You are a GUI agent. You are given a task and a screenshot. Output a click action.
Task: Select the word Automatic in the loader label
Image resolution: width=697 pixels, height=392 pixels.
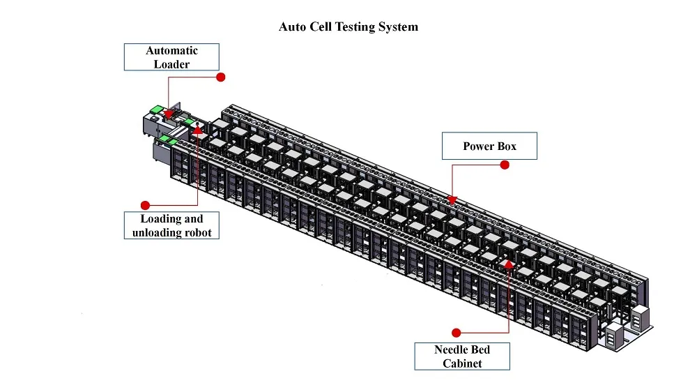171,50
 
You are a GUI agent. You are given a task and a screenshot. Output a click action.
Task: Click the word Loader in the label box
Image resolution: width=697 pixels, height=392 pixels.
171,63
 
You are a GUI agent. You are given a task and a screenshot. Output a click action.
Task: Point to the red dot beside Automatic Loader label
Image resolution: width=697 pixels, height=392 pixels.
221,77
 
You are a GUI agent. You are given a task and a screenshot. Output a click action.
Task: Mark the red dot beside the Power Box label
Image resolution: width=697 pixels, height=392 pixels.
505,165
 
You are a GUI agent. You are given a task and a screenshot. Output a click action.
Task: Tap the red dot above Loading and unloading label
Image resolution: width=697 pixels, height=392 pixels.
145,205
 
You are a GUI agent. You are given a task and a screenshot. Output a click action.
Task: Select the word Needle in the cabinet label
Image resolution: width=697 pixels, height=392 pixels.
452,349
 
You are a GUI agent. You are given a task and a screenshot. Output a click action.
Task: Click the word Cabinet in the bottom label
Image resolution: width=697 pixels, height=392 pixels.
462,363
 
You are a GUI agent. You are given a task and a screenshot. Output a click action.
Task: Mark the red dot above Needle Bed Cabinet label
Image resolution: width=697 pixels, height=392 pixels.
457,332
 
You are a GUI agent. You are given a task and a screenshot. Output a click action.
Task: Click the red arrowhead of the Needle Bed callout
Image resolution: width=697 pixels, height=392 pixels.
510,264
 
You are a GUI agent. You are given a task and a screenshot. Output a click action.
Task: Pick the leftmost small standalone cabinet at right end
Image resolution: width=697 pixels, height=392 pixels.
612,336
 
